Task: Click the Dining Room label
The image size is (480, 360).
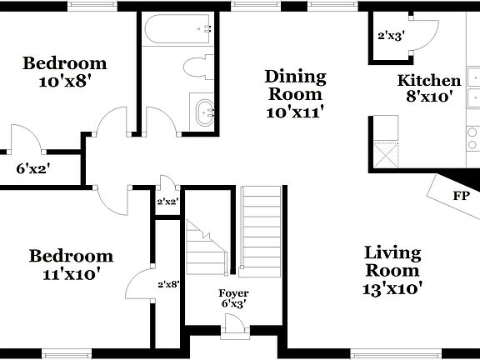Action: (295, 92)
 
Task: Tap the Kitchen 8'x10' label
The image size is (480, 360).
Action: (429, 88)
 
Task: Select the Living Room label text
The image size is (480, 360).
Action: (392, 271)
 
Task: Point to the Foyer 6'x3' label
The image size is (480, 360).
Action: (233, 299)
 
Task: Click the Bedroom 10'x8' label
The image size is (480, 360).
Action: (64, 72)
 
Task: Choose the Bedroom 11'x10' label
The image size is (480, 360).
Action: (71, 264)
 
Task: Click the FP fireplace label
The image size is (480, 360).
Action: (460, 196)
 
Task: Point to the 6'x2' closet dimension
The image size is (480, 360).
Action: (33, 168)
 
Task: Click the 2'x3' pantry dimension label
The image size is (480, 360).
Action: (390, 37)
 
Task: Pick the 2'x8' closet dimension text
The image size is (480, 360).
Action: (168, 284)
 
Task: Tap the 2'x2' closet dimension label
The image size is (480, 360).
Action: (168, 201)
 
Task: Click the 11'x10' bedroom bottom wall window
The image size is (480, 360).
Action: (67, 354)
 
